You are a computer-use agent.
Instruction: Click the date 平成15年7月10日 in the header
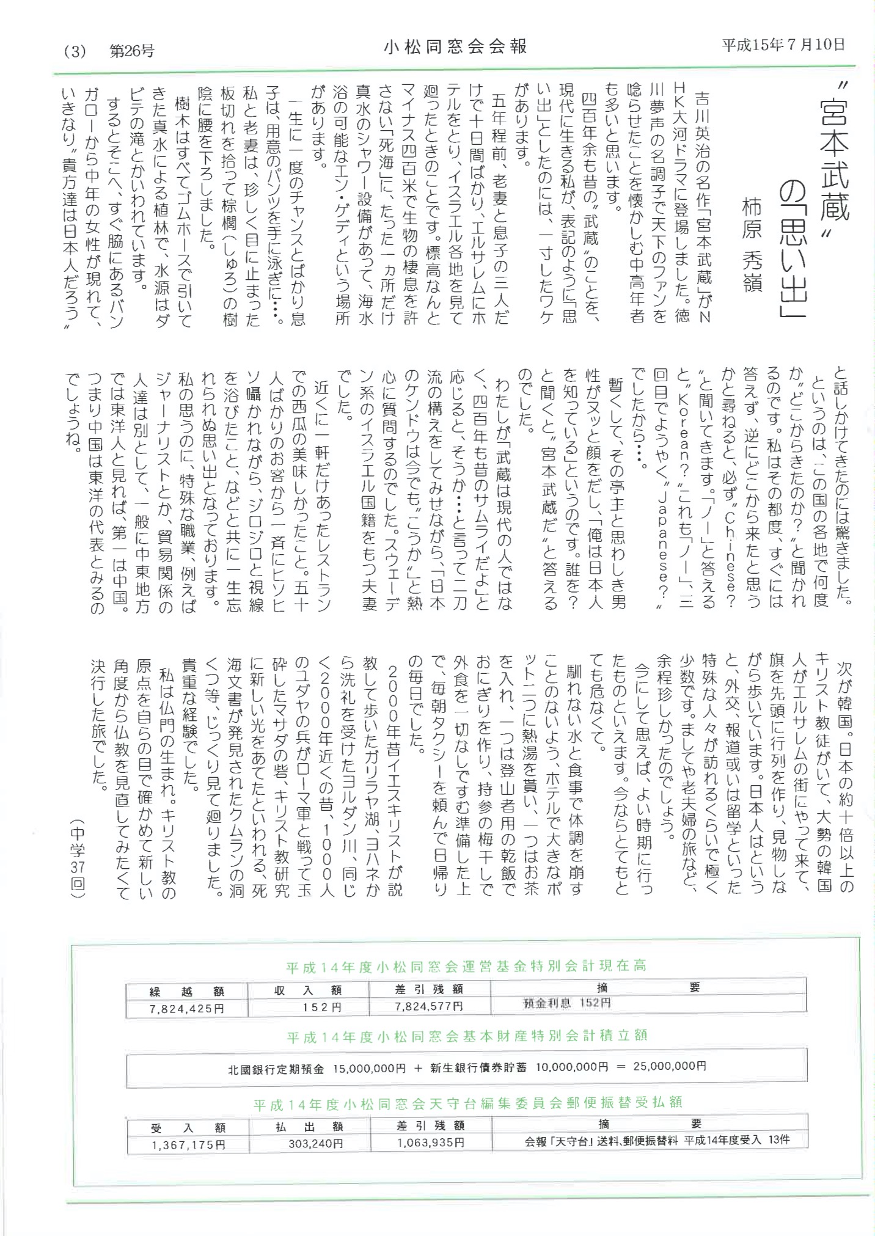[784, 45]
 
